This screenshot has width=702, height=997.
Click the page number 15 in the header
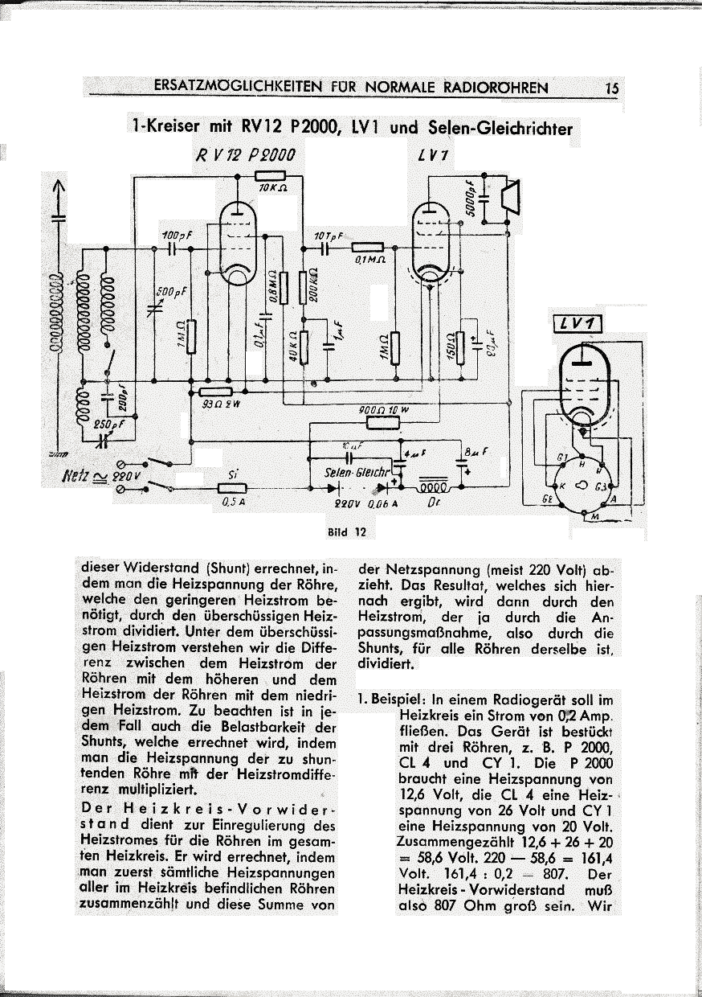click(611, 88)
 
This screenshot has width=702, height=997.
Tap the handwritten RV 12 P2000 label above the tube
click(242, 154)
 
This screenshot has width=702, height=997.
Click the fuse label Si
click(232, 475)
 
